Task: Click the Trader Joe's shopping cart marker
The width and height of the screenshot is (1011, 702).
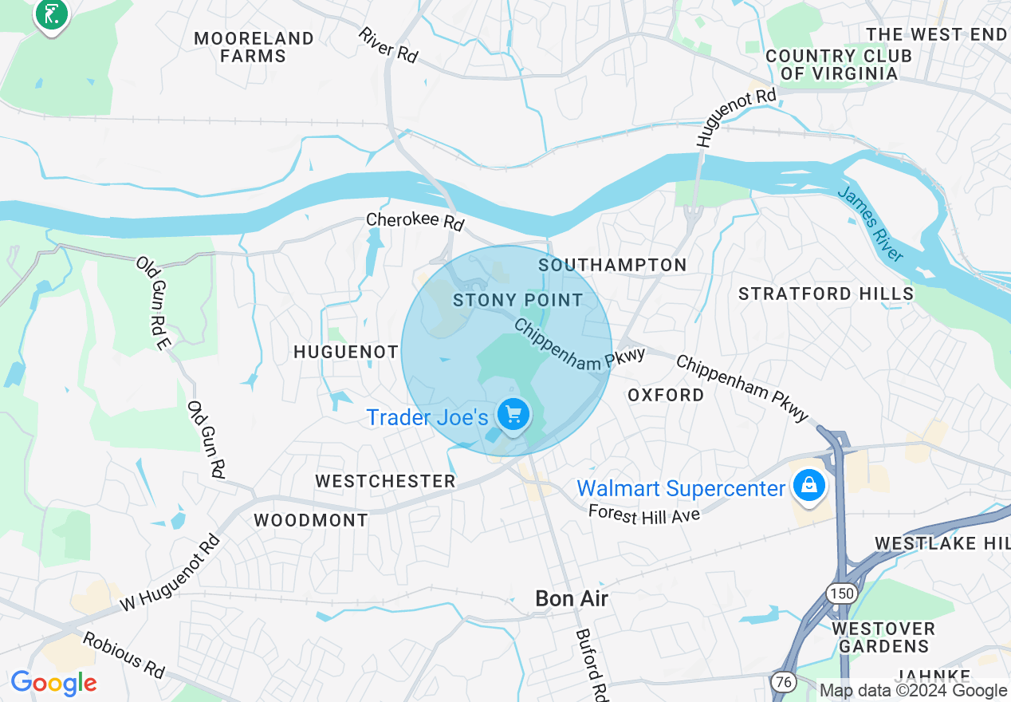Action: pos(513,415)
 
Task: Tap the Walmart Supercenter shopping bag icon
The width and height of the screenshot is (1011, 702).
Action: pos(808,486)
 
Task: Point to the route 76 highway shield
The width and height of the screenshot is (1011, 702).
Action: pos(782,682)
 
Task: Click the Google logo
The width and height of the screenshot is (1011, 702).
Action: pos(53,683)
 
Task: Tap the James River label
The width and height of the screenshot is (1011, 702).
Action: pos(871,224)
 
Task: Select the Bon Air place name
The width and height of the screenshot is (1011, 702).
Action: pos(571,598)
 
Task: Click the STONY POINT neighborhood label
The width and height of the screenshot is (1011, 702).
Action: pos(518,300)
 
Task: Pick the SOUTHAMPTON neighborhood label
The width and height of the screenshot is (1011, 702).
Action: pos(612,265)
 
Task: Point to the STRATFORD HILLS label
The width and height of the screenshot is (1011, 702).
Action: pos(826,294)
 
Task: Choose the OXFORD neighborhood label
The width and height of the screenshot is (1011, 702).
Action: pos(666,395)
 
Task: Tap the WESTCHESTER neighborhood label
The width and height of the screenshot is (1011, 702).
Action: pos(385,481)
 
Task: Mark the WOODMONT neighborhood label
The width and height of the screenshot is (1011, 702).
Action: pos(311,520)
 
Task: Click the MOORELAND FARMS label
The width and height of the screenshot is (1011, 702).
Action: pos(254,47)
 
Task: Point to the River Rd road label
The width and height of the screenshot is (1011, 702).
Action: pos(388,45)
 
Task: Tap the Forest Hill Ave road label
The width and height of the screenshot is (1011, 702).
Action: pos(644,513)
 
